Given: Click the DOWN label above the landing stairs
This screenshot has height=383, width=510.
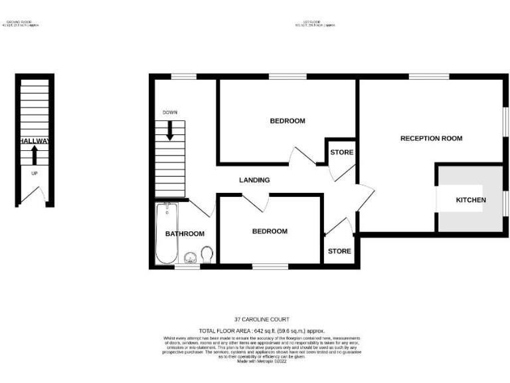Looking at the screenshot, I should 170,112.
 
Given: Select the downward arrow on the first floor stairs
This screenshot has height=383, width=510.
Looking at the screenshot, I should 170,129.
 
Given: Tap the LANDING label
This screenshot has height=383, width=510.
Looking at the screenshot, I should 254,180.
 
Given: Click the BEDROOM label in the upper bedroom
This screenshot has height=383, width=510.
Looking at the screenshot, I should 287,121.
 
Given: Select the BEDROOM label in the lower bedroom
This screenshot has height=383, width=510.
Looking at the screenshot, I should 270,231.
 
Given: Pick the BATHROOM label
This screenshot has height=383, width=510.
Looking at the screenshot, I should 185,233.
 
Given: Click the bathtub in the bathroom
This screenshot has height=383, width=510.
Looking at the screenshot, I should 166,233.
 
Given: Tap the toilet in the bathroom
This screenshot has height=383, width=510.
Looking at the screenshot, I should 207,254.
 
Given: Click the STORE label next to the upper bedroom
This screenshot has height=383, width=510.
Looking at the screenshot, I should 341,153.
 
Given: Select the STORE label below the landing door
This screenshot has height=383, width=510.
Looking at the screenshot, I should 339,251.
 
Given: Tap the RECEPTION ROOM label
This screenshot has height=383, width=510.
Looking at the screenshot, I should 431,138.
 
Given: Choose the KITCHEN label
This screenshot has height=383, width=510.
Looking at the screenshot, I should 471,200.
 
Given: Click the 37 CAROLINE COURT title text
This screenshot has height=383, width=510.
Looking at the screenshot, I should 254,319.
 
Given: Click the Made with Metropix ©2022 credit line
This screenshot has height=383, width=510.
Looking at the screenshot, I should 254,361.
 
